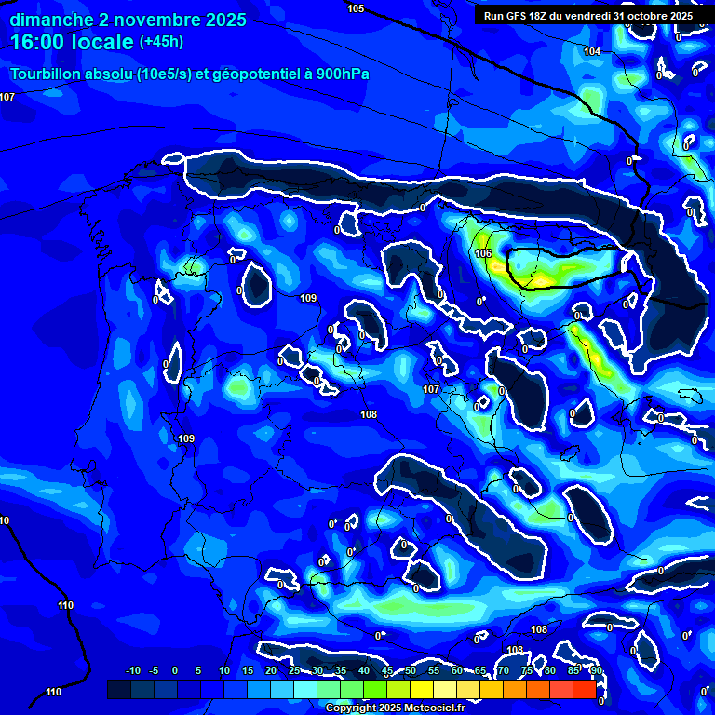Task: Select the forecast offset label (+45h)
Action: tap(161, 42)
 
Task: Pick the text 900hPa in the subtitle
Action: tap(339, 74)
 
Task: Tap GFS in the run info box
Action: tap(516, 16)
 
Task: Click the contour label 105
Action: tap(356, 8)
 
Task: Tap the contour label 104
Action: tap(592, 51)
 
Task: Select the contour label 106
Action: tap(482, 253)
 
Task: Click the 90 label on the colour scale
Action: tap(596, 670)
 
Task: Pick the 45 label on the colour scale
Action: tap(387, 670)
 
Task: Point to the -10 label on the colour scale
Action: tap(133, 670)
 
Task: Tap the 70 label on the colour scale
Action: tap(504, 670)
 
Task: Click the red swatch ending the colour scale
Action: tap(584, 689)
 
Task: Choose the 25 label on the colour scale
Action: tap(294, 670)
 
